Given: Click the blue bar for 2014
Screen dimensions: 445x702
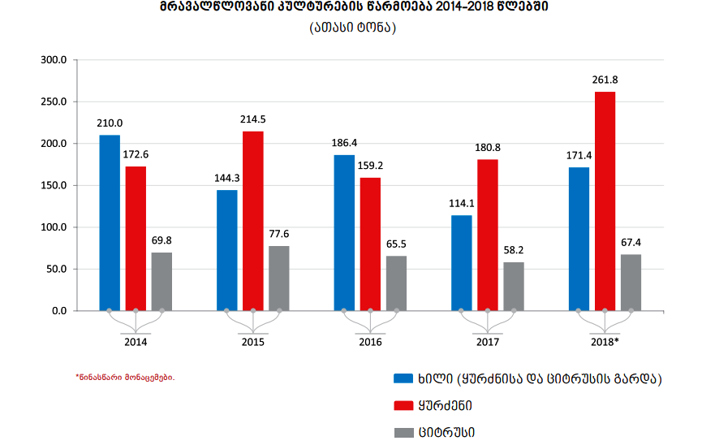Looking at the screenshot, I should [x=110, y=222].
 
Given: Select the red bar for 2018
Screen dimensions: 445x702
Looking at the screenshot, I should [x=605, y=201].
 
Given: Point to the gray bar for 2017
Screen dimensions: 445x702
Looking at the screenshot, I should [x=514, y=287].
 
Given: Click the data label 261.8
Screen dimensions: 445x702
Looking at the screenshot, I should [x=605, y=80].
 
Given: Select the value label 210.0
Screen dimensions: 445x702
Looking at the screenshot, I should [x=110, y=123].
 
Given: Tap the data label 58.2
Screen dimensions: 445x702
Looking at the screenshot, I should [x=514, y=250].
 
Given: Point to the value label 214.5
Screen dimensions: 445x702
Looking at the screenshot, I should [x=252, y=119].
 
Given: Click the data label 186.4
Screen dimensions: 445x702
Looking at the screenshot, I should [x=344, y=142].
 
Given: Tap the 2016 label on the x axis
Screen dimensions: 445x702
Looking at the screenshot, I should [x=370, y=342].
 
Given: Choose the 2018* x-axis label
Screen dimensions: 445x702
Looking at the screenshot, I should [x=605, y=342].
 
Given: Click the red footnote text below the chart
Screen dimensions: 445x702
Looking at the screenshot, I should [x=125, y=378].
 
